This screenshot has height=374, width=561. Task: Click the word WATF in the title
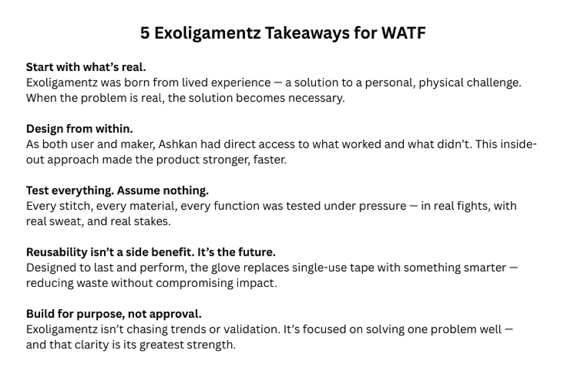403,33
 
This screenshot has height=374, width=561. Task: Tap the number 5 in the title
145,33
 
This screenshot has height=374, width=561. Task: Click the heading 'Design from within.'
79,128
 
